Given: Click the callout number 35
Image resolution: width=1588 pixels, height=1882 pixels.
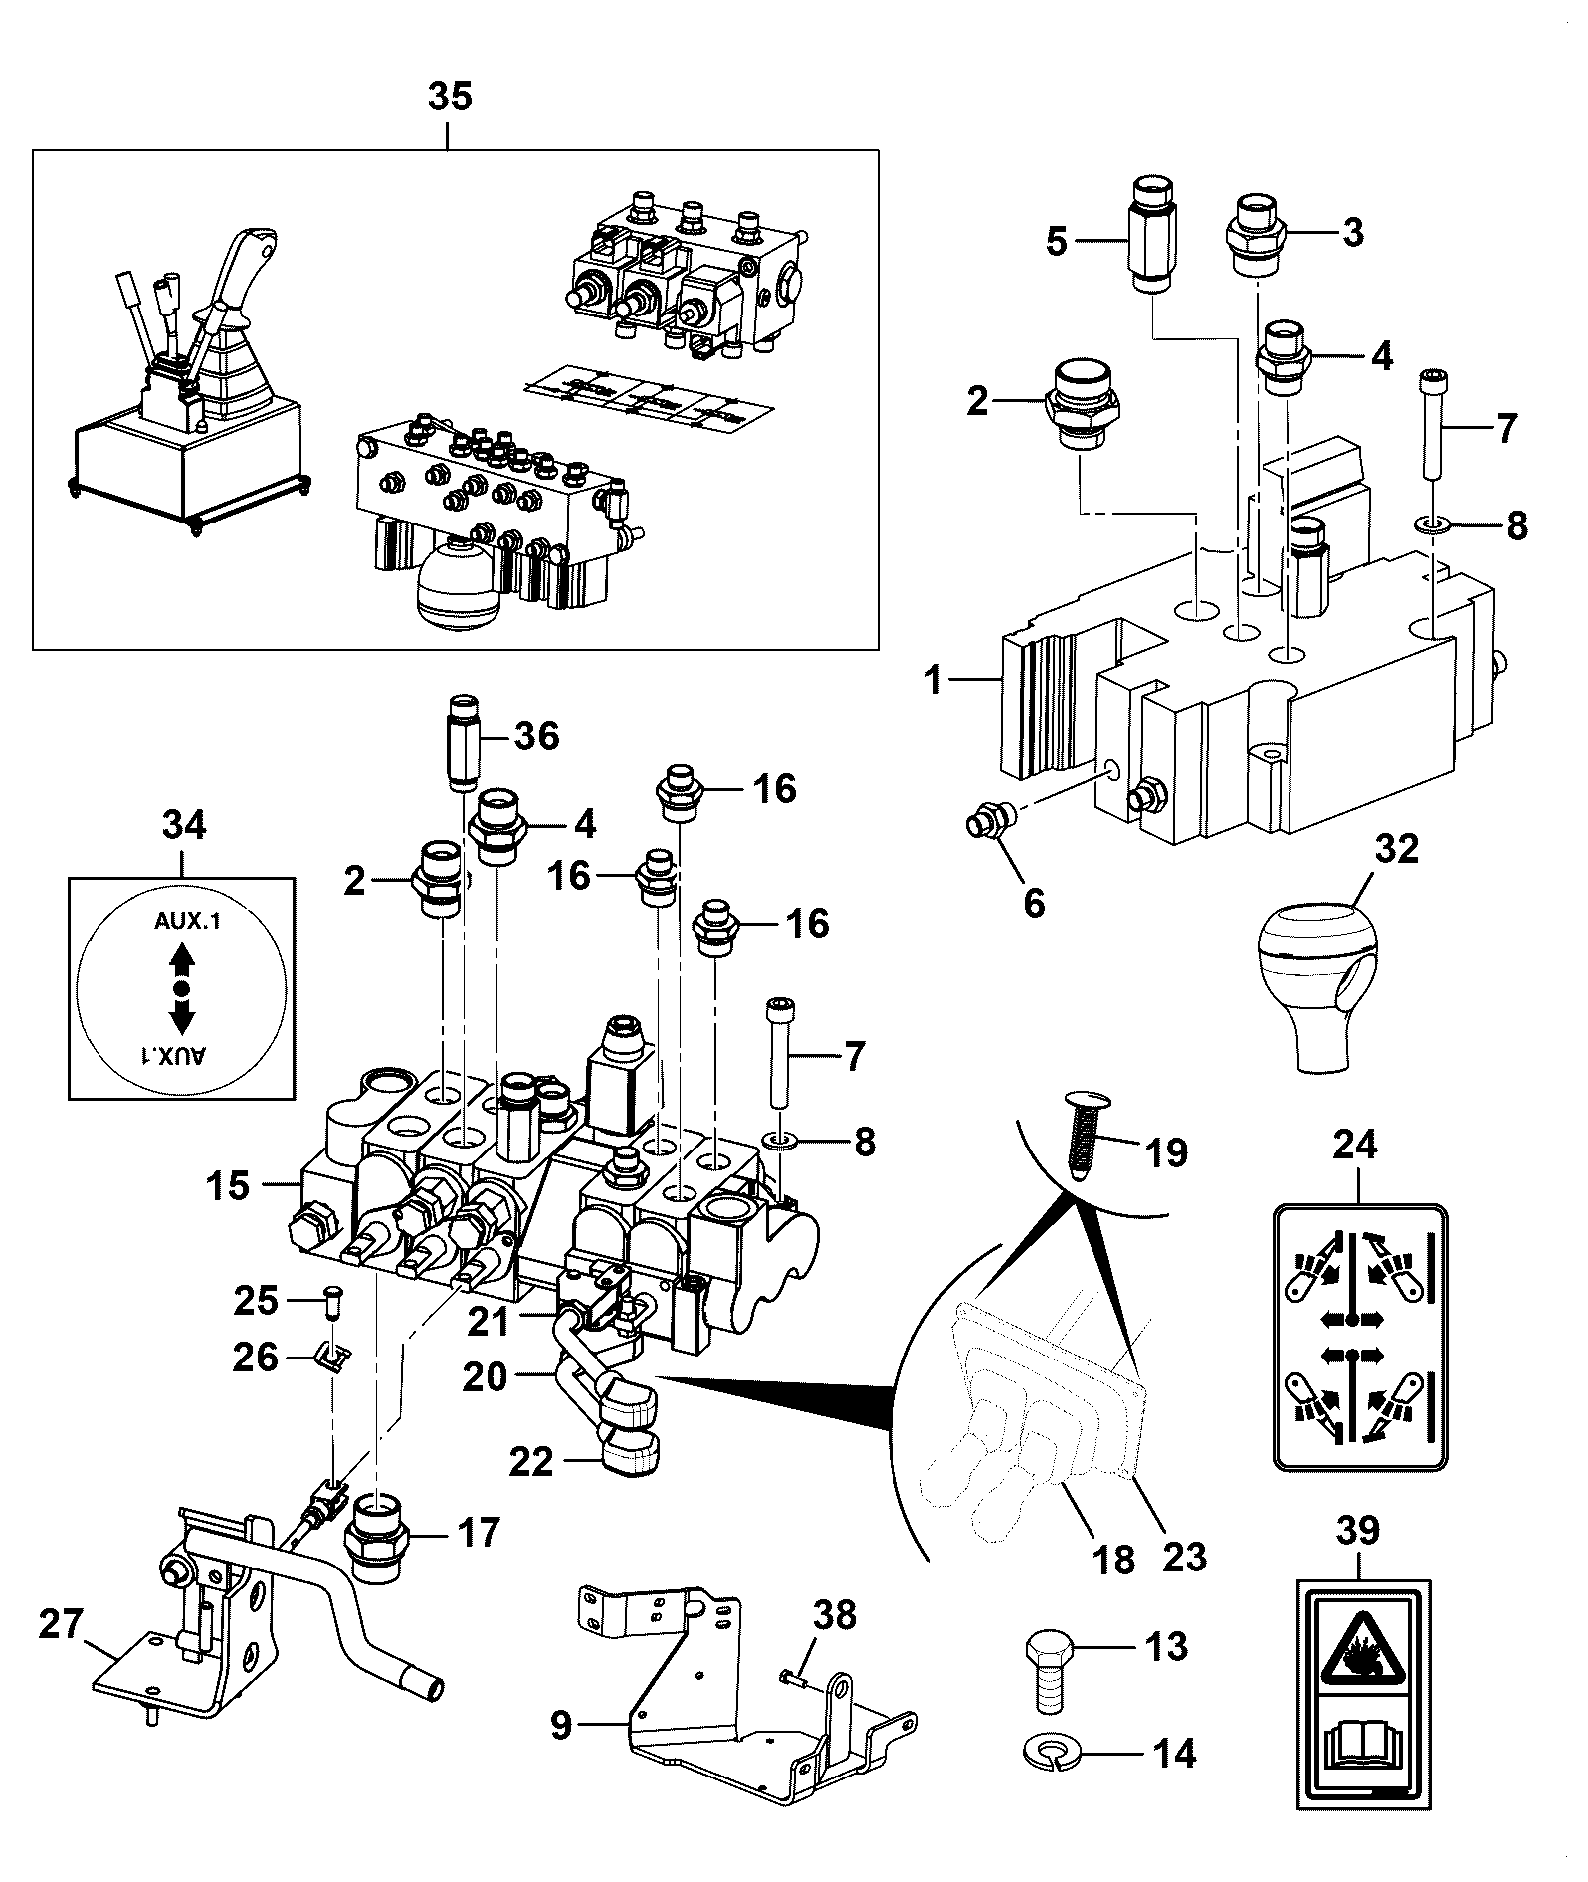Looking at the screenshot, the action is pos(449,98).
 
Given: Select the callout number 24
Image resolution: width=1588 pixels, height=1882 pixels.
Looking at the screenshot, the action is pos(1354,1145).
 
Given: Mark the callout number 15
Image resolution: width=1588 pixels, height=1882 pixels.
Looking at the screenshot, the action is pos(229,1186).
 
